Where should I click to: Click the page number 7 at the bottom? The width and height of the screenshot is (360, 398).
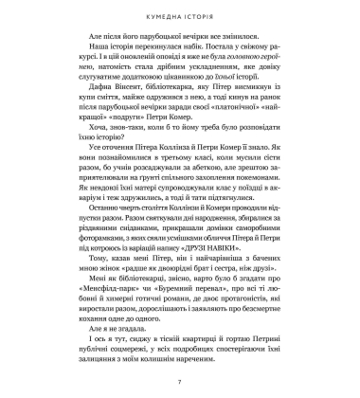179,381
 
